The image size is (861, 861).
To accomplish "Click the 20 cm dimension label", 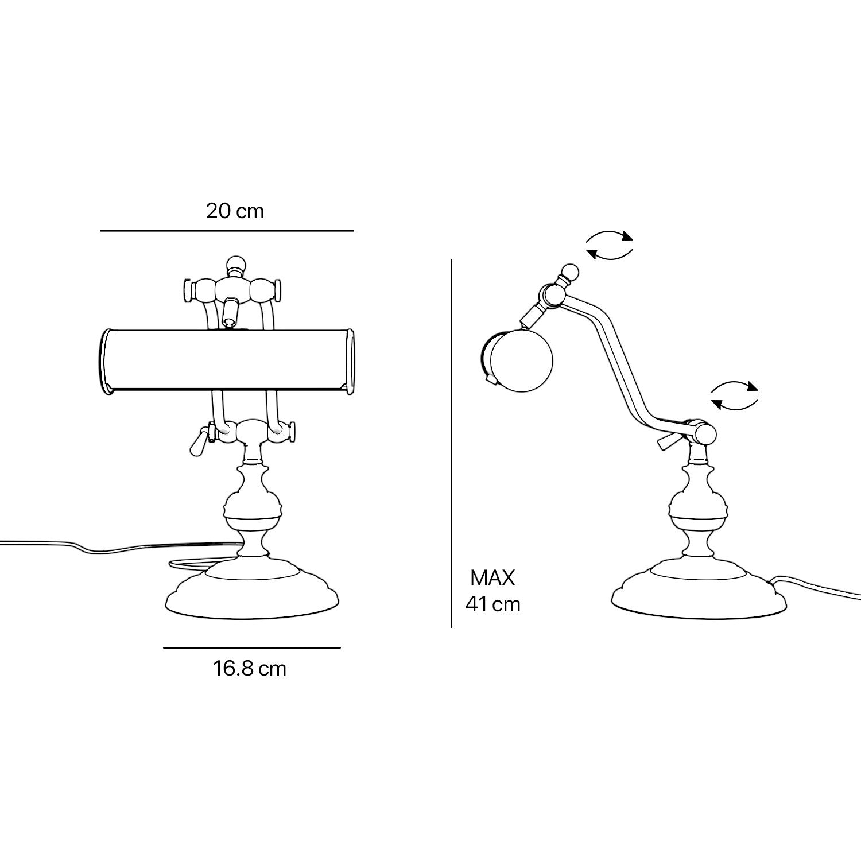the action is point(235,211).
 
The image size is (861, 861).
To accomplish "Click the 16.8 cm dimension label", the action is point(250,669).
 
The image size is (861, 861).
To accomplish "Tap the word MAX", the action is point(492,578).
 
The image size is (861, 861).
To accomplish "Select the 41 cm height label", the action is point(493,604).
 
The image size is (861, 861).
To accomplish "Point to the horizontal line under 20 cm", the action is point(227,231).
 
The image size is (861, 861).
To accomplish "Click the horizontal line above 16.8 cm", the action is point(252,648).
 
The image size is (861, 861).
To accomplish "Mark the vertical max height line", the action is point(452,443).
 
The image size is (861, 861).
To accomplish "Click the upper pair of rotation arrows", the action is point(610,245).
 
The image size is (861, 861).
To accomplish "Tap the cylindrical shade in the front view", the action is point(227,362).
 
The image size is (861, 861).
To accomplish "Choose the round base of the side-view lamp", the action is point(699,586).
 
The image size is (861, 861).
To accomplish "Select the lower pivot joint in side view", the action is point(703,433).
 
